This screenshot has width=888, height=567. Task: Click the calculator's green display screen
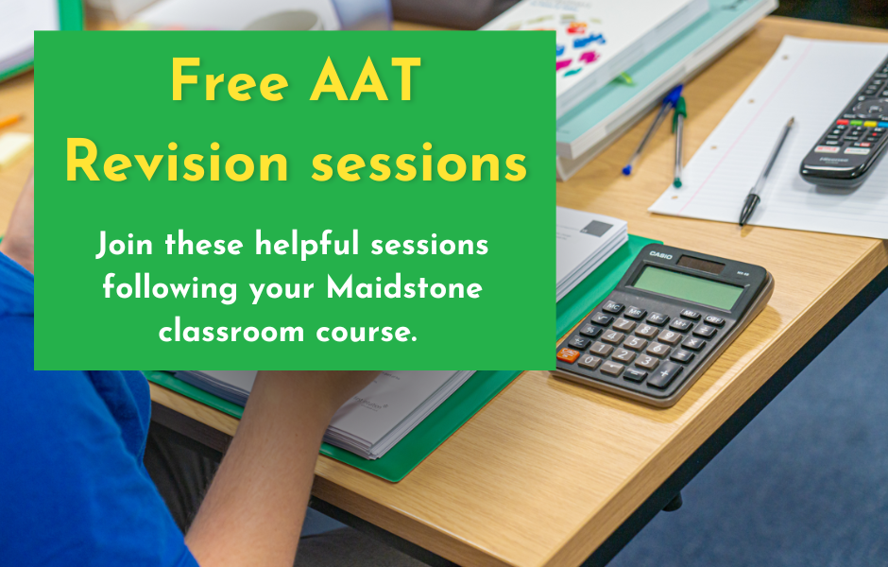click(x=689, y=285)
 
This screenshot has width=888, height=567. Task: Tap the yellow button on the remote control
click(x=874, y=122)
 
